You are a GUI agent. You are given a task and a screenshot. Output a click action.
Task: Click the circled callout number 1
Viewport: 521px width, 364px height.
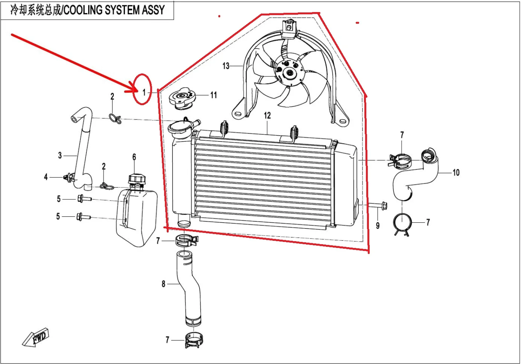tap(144, 92)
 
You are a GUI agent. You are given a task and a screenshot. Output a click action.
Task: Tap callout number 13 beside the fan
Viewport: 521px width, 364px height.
tap(226, 66)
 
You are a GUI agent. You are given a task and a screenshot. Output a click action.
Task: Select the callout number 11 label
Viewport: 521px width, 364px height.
tap(214, 95)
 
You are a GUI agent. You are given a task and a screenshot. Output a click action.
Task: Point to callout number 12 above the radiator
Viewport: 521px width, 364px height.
tap(267, 115)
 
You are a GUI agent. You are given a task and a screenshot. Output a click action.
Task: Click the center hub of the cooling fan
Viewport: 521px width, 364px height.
tap(289, 72)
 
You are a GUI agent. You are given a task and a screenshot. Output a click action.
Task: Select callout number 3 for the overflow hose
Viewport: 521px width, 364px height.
tap(60, 155)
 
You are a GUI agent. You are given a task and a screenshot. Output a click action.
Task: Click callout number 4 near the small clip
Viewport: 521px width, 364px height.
tap(46, 177)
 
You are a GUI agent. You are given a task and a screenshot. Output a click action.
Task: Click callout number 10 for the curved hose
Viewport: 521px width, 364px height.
tap(456, 173)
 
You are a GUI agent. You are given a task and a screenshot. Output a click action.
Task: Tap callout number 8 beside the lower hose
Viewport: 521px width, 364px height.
tap(163, 284)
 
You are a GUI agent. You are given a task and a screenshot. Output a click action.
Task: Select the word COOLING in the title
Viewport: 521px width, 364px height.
tap(83, 10)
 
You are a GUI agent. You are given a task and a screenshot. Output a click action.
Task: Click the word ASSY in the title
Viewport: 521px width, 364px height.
tap(153, 10)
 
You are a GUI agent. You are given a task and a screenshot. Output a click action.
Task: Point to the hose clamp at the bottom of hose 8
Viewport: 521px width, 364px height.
tap(194, 340)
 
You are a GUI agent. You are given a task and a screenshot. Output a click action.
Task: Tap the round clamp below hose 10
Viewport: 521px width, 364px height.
tap(402, 223)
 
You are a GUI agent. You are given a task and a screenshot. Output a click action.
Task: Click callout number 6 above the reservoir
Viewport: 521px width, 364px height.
tap(134, 157)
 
